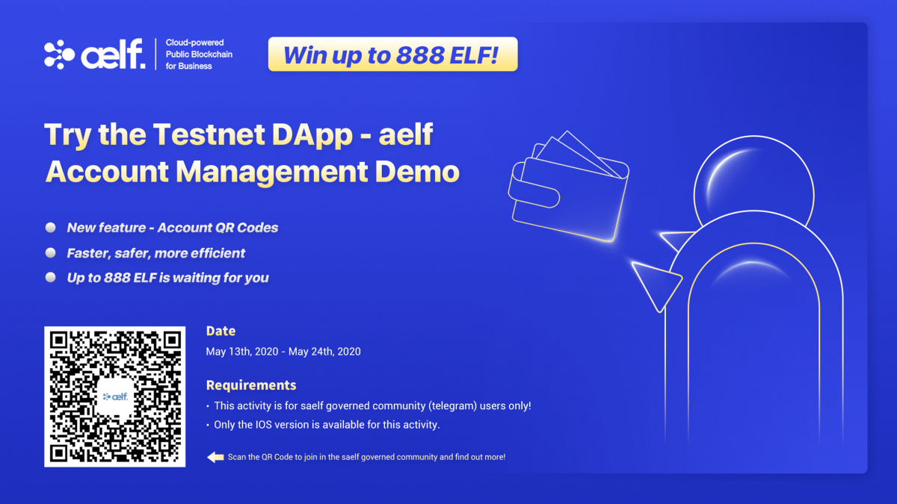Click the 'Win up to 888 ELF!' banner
[393, 55]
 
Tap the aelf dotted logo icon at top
[59, 55]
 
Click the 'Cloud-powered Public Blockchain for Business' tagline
[199, 55]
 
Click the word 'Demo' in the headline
[417, 172]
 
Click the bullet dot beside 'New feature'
[51, 228]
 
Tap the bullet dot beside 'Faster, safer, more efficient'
[51, 253]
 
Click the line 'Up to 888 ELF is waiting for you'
[167, 278]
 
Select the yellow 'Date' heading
[221, 331]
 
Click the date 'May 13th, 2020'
[242, 352]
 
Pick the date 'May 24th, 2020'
[324, 352]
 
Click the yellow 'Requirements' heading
[251, 385]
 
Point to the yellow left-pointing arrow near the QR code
[215, 457]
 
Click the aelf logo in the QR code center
[115, 396]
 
